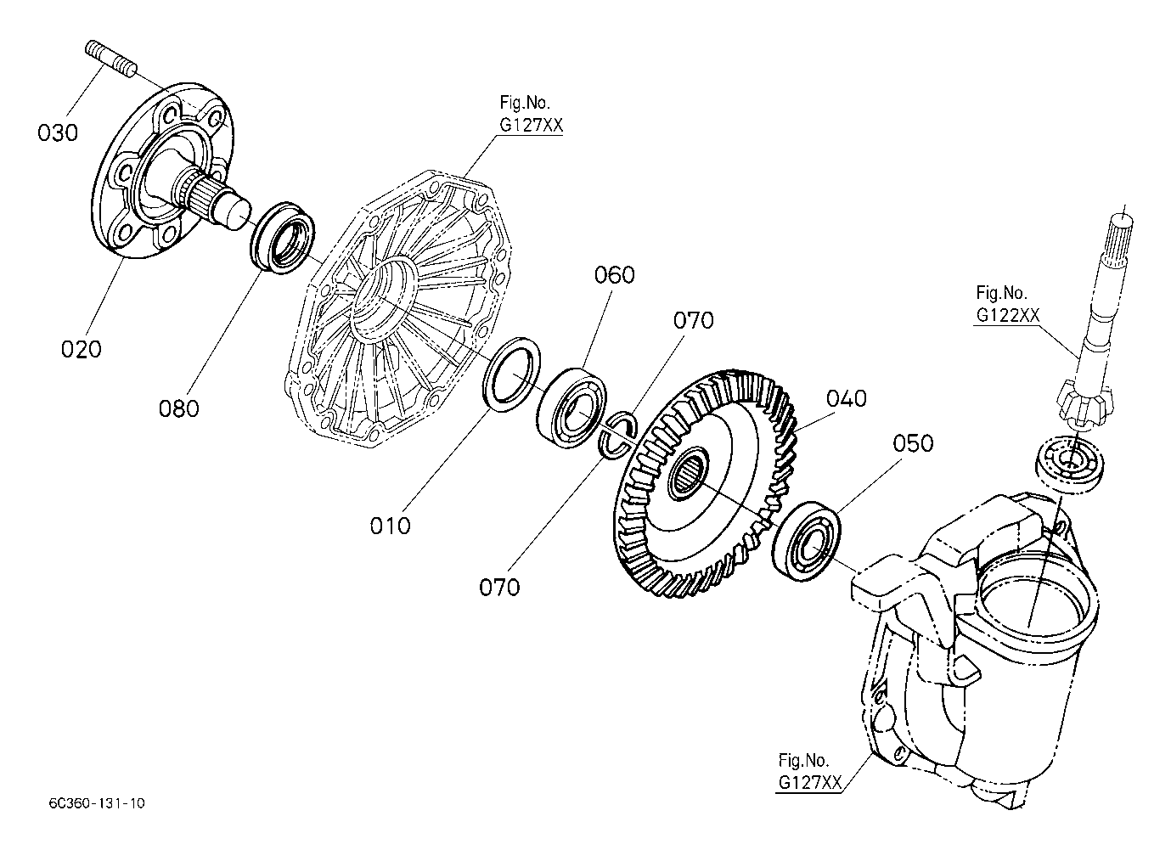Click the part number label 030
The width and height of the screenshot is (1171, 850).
point(58,132)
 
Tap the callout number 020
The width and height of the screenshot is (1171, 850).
point(81,349)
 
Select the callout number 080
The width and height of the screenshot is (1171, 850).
point(179,408)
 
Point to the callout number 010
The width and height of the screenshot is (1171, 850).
point(390,526)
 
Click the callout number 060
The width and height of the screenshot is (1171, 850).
point(614,275)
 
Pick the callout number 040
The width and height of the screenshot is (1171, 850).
point(847,399)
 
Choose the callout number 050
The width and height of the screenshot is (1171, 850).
point(913,443)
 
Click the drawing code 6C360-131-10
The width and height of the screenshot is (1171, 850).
point(97,803)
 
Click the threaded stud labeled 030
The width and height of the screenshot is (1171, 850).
point(110,58)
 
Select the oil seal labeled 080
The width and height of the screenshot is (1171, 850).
point(282,238)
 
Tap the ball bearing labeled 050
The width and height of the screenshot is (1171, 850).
point(806,541)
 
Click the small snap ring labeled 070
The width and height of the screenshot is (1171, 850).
point(618,433)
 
